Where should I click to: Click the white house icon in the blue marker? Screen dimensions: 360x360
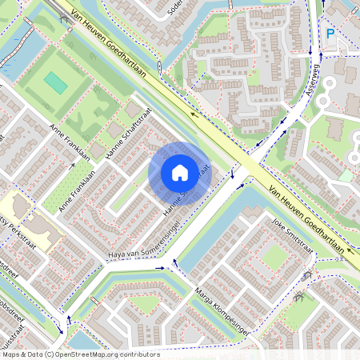point(180,172)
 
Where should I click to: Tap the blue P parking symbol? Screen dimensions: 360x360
point(330,34)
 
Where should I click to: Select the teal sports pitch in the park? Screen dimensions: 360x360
point(55,82)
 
